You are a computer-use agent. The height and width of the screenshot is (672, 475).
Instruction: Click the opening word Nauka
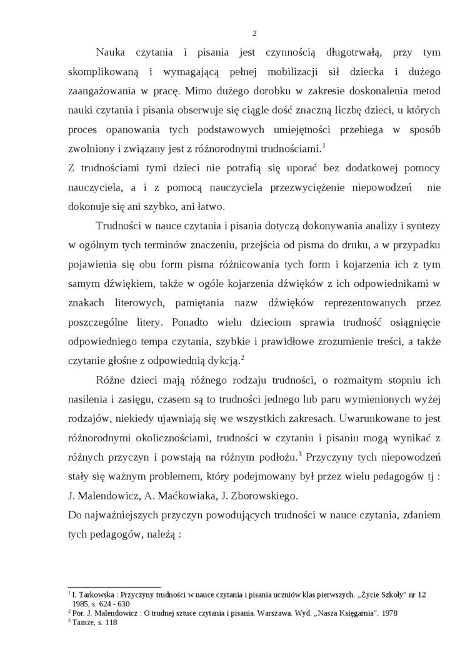tap(112, 53)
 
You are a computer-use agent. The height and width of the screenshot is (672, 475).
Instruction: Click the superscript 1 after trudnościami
tap(324, 146)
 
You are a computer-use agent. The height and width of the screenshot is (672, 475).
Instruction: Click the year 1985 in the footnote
tap(81, 604)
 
